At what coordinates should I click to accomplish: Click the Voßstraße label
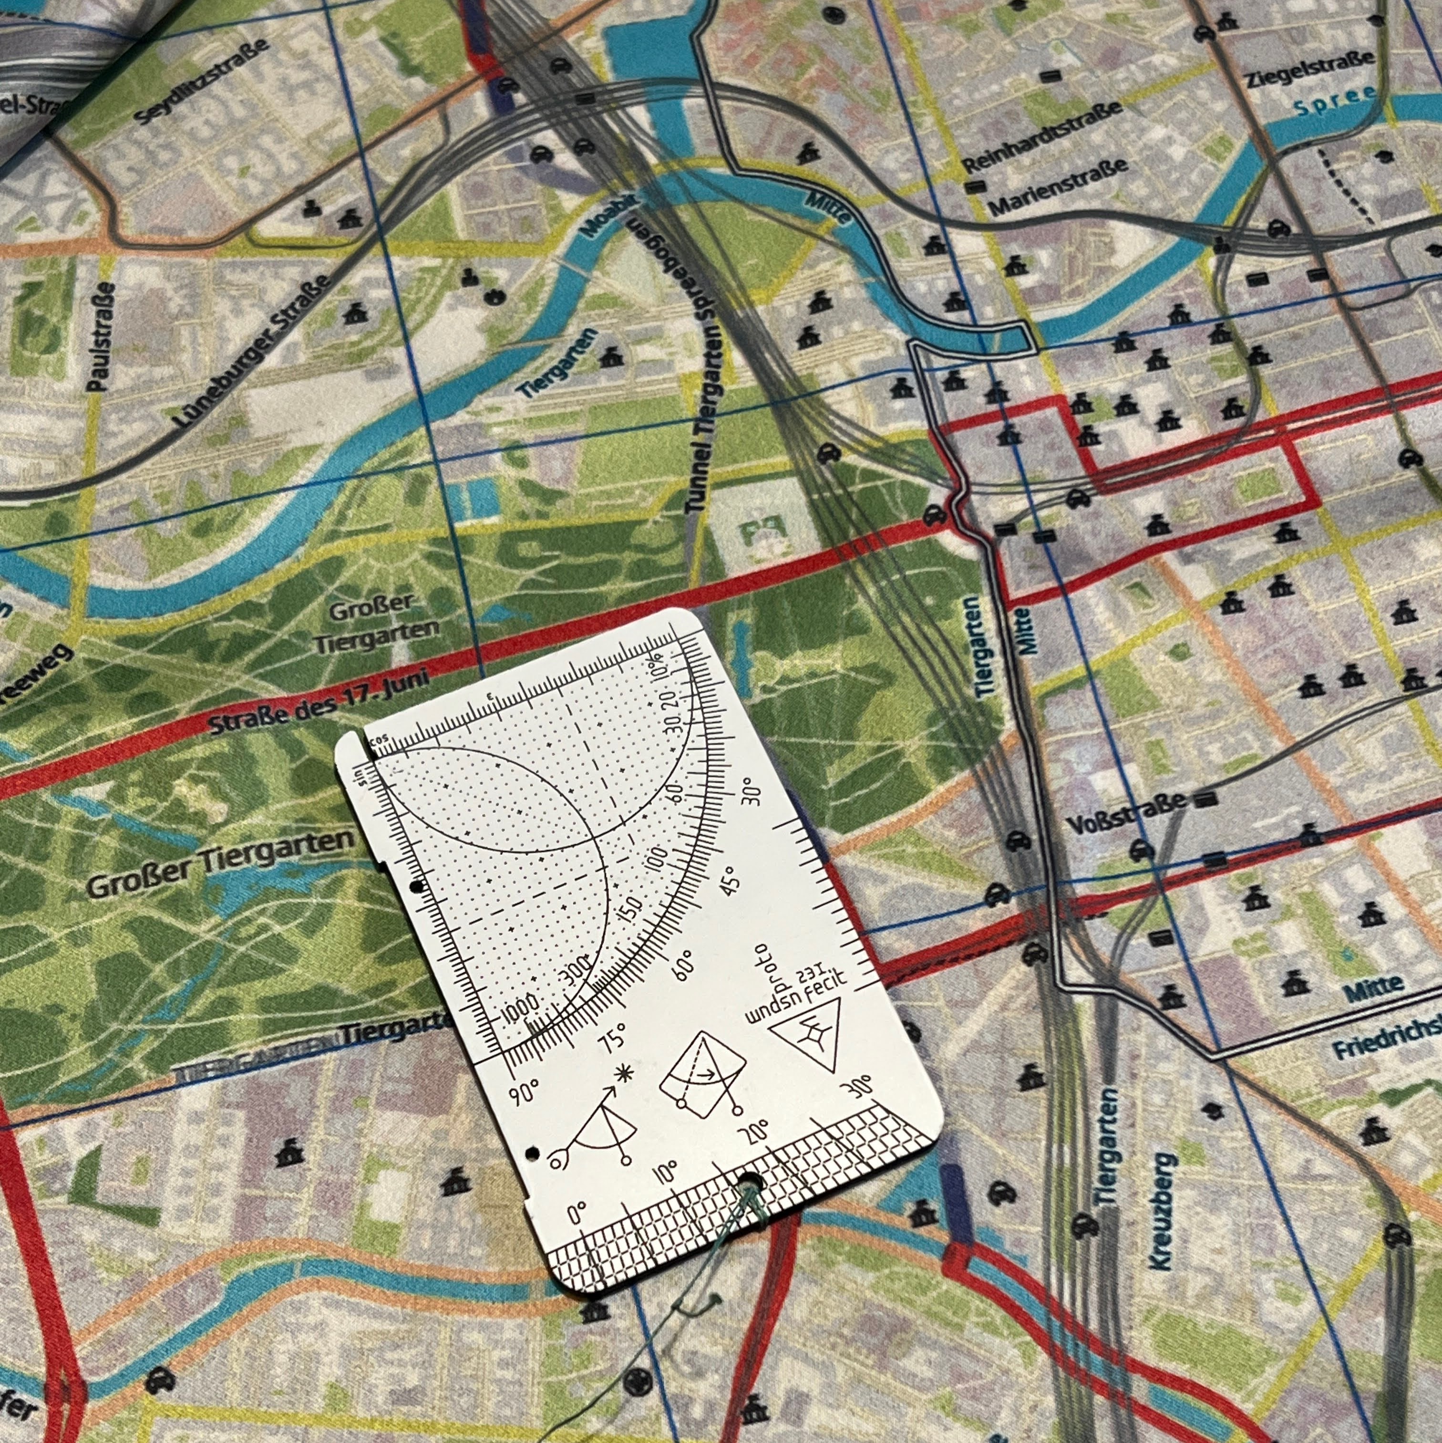coord(1126,813)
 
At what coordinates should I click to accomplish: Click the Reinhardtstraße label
coord(1042,135)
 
